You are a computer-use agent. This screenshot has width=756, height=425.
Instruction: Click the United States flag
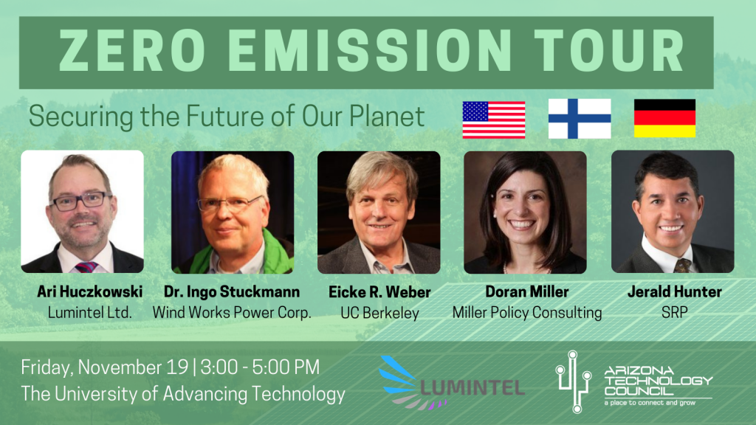pos(494,120)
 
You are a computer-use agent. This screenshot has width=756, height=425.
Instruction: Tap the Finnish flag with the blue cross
pos(580,119)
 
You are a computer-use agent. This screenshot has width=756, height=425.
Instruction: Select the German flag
pos(665,118)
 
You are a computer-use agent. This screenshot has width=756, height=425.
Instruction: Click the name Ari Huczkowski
pos(89,291)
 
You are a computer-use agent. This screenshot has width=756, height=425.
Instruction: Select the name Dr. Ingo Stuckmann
pos(232,291)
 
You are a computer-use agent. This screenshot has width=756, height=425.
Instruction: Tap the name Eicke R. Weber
pos(379,291)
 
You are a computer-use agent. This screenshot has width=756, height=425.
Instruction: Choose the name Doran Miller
pos(526,291)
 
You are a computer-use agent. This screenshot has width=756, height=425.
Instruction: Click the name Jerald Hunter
pos(675,291)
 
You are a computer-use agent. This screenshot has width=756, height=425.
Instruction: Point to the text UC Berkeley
pos(379,313)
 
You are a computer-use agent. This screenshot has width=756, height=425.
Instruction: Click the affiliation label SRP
pos(675,313)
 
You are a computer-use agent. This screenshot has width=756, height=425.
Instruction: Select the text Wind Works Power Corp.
pos(232,313)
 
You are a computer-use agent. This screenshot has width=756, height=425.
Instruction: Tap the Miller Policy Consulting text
pos(527,313)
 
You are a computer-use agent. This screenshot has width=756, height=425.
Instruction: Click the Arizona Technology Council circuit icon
pos(574,381)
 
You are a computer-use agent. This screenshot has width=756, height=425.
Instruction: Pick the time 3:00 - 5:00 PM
pos(260,367)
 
